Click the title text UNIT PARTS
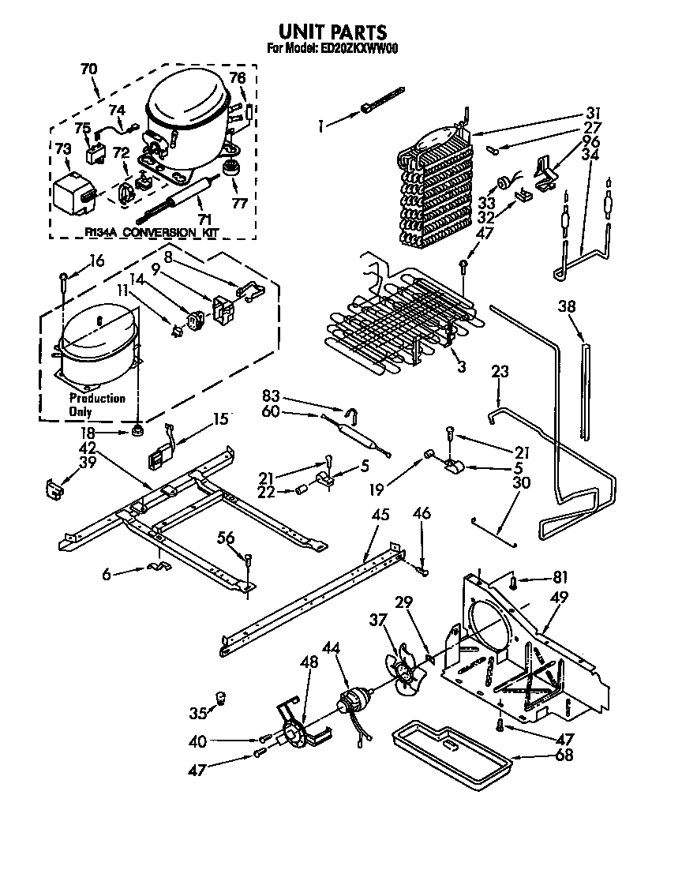(x=332, y=32)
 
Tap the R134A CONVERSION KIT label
(x=150, y=232)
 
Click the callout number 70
(x=89, y=69)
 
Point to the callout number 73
(x=63, y=149)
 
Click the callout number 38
(x=567, y=306)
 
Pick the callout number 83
(x=271, y=398)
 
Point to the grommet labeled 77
(x=233, y=169)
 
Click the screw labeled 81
(x=513, y=583)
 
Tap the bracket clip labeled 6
(x=158, y=568)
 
